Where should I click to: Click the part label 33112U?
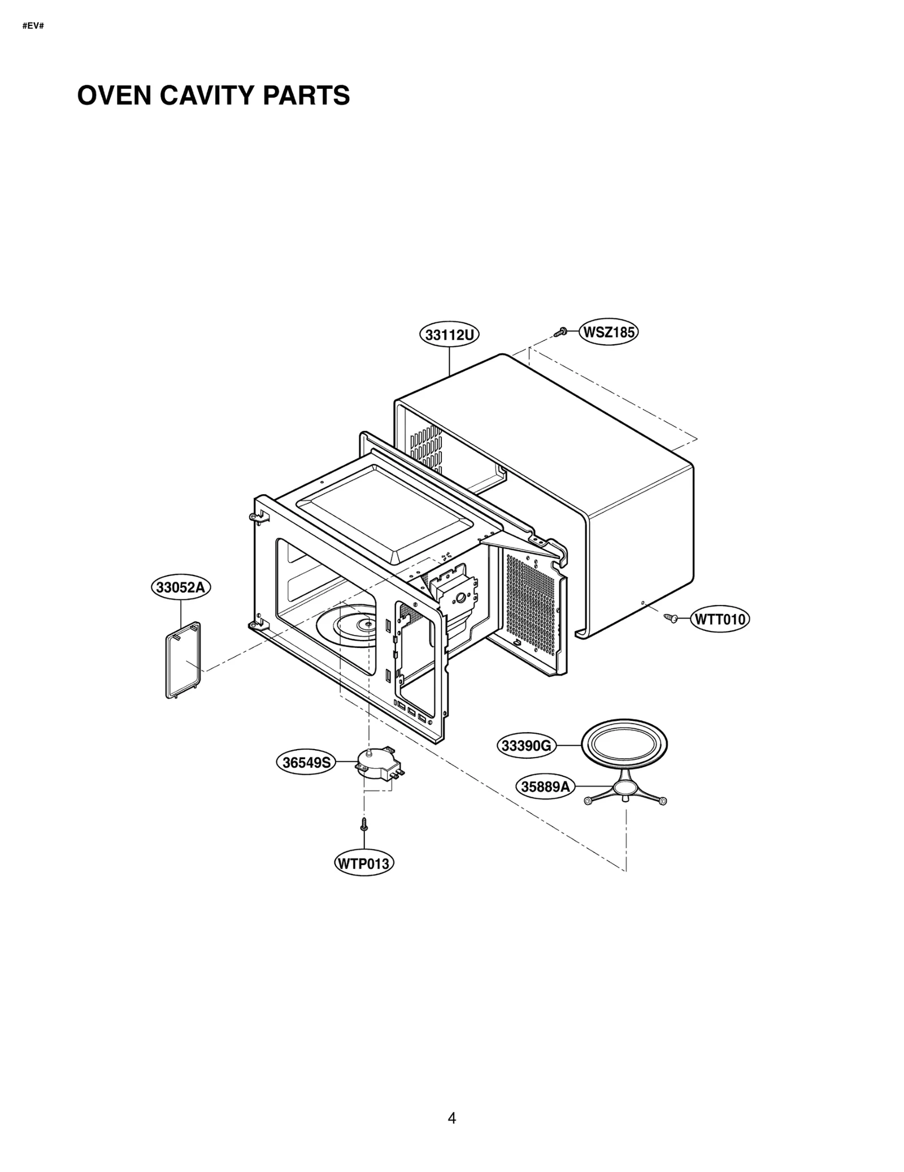[x=449, y=335]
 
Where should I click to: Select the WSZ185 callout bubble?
[x=609, y=332]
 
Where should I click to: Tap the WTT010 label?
[x=720, y=619]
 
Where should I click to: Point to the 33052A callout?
[x=181, y=587]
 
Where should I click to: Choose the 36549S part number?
[x=306, y=763]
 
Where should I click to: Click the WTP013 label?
[x=364, y=864]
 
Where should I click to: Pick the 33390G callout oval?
[x=526, y=746]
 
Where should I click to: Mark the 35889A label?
[x=545, y=786]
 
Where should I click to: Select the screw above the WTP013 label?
[x=364, y=824]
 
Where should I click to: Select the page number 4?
[x=451, y=1118]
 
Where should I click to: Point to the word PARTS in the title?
[x=306, y=96]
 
